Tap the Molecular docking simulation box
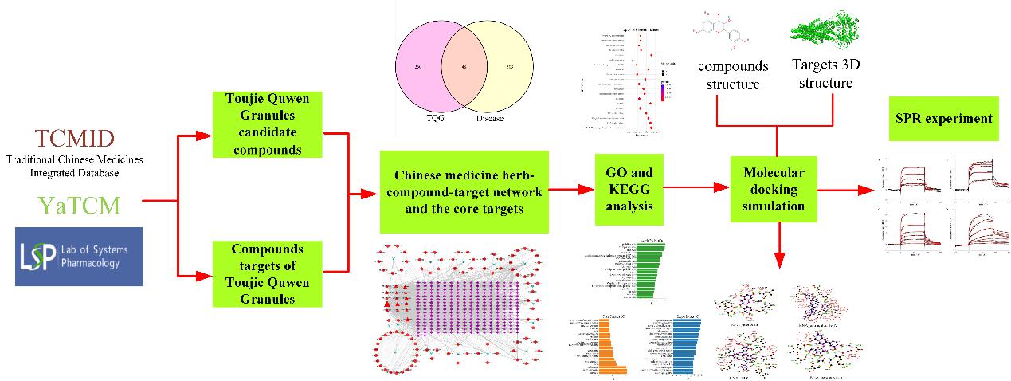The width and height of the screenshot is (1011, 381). (774, 189)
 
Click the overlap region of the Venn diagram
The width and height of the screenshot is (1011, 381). (464, 68)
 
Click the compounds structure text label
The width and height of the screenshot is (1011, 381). (732, 74)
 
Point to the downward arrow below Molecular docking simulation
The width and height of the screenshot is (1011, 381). (777, 243)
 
